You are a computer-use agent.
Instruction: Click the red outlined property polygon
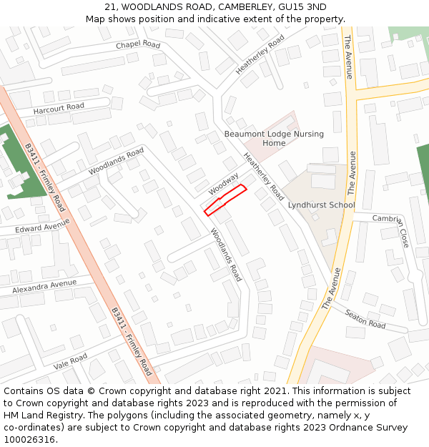(225, 200)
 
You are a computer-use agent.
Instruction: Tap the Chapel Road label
(139, 44)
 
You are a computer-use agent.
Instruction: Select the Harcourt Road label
(59, 108)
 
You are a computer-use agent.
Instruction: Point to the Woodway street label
(224, 185)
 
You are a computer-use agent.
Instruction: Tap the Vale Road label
(70, 361)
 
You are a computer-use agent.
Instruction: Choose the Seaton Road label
(365, 319)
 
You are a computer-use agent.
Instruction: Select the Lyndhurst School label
(321, 205)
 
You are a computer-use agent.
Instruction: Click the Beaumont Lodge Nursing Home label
(274, 138)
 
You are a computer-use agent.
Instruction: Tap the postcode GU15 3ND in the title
(302, 6)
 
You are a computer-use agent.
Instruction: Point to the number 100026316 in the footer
(29, 439)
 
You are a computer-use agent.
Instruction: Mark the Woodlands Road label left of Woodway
(116, 161)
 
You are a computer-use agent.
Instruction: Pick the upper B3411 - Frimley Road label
(45, 177)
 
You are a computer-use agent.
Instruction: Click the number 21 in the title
(109, 6)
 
